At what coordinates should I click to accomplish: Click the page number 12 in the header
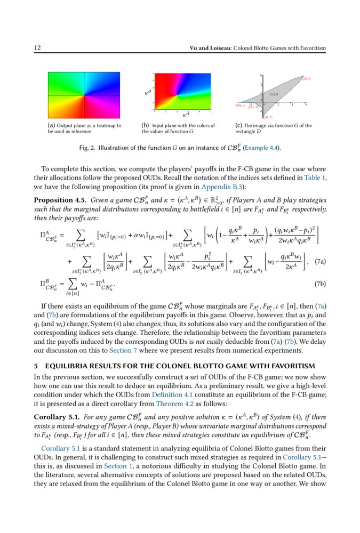pyautogui.click(x=37, y=49)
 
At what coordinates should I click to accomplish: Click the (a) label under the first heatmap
pyautogui.click(x=51, y=126)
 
